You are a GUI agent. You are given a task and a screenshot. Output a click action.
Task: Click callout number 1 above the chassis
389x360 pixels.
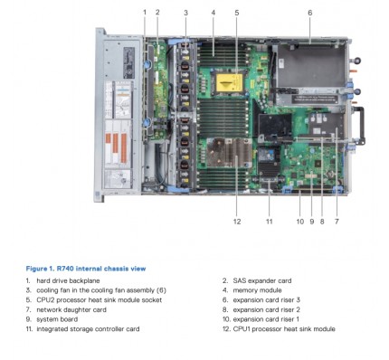[145, 13]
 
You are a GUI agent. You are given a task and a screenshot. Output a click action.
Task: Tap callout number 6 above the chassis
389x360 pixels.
[310, 13]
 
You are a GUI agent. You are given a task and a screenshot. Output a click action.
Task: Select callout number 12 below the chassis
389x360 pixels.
[237, 222]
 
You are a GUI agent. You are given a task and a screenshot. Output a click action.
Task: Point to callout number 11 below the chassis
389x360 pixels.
[270, 222]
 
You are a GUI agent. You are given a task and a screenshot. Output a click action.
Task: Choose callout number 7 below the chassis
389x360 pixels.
[337, 222]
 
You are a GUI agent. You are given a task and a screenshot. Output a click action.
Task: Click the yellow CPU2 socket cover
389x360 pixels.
[230, 82]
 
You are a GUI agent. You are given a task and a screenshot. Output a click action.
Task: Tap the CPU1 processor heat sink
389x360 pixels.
[229, 153]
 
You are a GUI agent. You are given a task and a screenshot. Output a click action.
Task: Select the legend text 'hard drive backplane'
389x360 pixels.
[68, 280]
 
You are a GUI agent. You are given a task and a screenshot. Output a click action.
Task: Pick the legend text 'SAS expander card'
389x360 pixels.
[262, 280]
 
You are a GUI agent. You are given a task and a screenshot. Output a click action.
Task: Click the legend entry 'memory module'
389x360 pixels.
[257, 290]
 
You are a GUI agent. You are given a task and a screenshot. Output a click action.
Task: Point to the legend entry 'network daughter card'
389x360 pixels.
[71, 309]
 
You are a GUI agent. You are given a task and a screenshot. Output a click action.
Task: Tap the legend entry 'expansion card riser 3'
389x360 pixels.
[267, 300]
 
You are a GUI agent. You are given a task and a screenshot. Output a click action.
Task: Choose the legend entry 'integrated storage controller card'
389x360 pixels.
[88, 329]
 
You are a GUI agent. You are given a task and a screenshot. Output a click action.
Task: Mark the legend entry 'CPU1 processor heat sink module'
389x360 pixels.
[284, 329]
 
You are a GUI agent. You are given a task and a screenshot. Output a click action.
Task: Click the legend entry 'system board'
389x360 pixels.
[57, 319]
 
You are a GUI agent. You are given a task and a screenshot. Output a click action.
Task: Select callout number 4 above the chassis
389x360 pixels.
[213, 13]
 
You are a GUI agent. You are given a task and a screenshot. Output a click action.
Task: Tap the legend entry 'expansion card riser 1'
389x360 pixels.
[266, 319]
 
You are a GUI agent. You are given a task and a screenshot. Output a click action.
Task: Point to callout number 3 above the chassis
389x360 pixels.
[185, 13]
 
